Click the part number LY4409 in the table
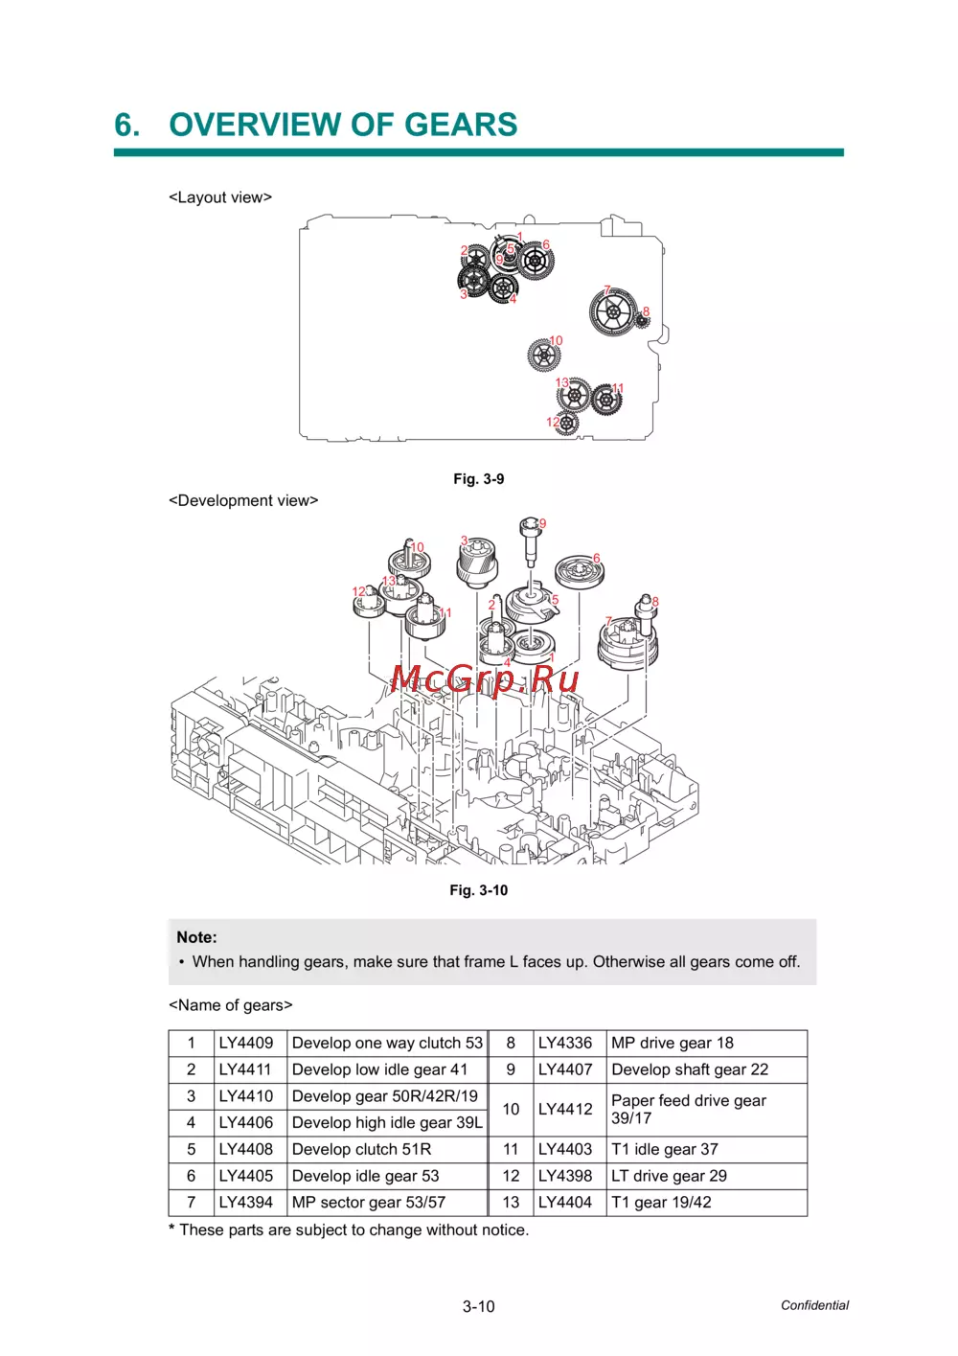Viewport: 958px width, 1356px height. (x=245, y=1043)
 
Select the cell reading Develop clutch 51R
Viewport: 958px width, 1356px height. (x=361, y=1149)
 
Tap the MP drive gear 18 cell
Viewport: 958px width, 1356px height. (x=672, y=1043)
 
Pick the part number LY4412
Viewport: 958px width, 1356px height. (x=565, y=1109)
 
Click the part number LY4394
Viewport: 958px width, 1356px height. (x=245, y=1202)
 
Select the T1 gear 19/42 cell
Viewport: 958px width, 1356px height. (x=661, y=1202)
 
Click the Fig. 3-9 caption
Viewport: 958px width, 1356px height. (x=479, y=479)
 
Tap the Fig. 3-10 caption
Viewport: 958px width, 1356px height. (x=479, y=890)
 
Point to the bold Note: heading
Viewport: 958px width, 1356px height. (x=196, y=937)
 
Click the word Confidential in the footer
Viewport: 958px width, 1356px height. (x=814, y=1305)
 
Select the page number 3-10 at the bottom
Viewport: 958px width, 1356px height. (x=479, y=1306)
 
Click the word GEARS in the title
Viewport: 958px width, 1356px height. (x=461, y=125)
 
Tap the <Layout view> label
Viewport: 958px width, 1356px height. (x=220, y=197)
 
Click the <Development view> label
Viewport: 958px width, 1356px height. (x=243, y=500)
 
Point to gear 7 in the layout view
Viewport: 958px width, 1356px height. (x=613, y=312)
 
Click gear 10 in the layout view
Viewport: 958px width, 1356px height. (x=543, y=356)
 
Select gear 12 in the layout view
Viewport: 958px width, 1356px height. (x=567, y=423)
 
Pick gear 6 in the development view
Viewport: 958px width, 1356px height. (x=580, y=573)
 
